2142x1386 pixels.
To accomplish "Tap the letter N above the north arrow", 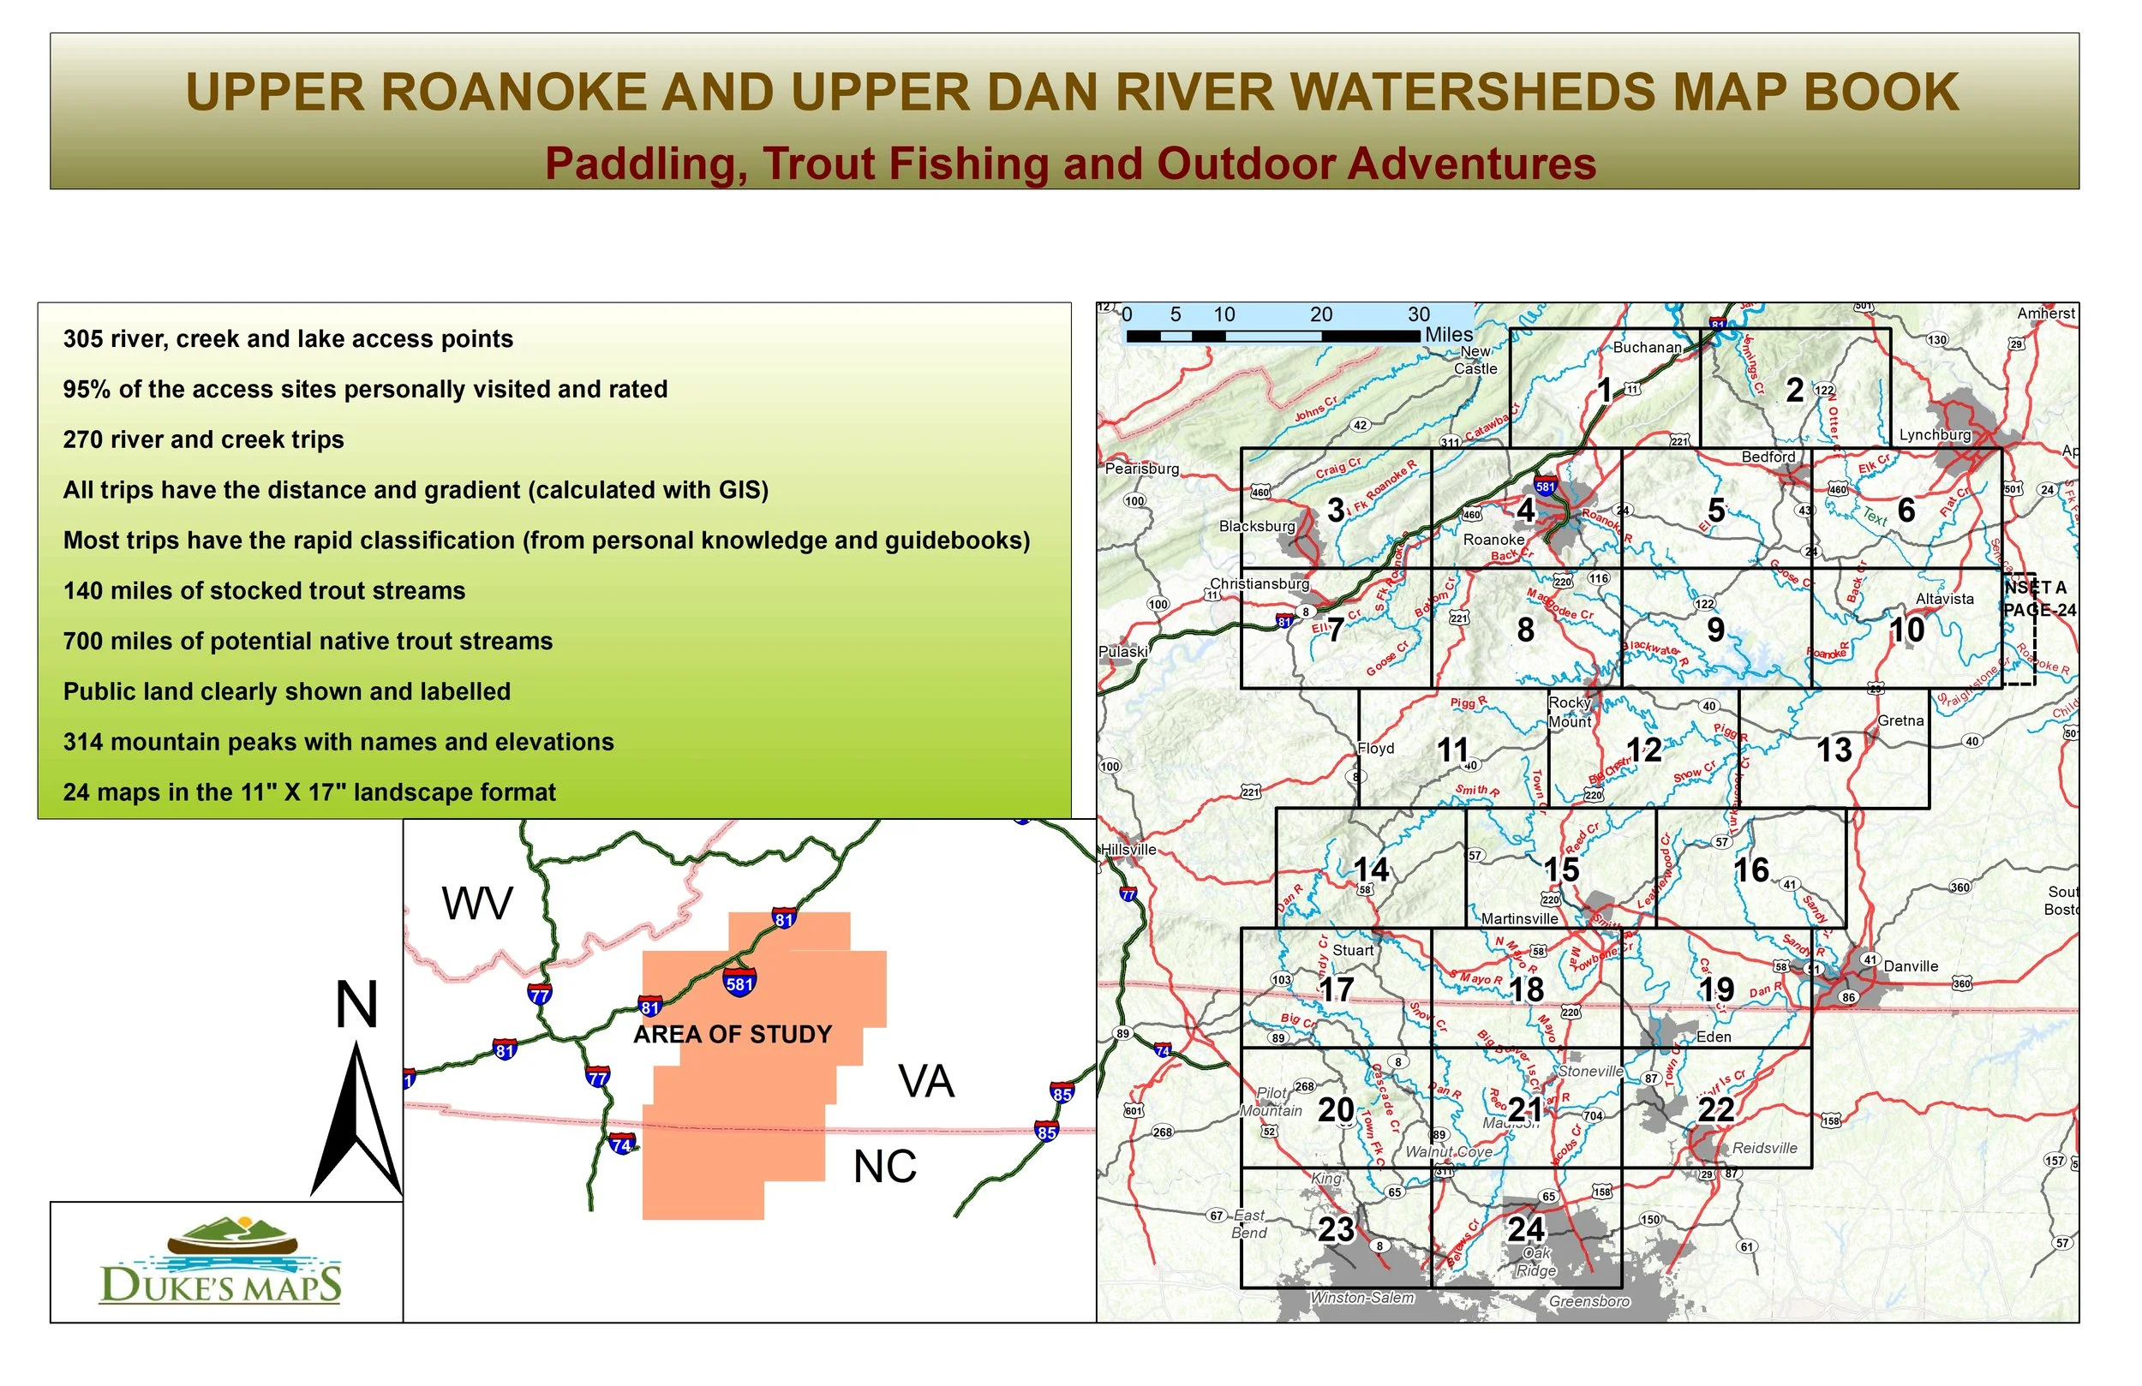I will pyautogui.click(x=356, y=1005).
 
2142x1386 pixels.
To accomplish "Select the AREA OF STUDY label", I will pyautogui.click(x=733, y=1034).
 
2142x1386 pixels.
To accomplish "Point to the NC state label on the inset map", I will pyautogui.click(x=885, y=1168).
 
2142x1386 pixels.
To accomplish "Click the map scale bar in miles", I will pyautogui.click(x=1272, y=336).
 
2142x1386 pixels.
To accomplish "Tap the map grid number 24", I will pyautogui.click(x=1527, y=1229).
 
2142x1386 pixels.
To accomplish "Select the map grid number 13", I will pyautogui.click(x=1834, y=750).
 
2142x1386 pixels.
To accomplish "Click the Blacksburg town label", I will pyautogui.click(x=1256, y=527).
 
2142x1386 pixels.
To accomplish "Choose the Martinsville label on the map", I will pyautogui.click(x=1519, y=919).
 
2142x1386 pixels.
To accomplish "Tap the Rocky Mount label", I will pyautogui.click(x=1570, y=712).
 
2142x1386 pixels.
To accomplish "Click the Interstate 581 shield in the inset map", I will pyautogui.click(x=739, y=983).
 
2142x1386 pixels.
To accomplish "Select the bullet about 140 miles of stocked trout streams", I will pyautogui.click(x=264, y=590).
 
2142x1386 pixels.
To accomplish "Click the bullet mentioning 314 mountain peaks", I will pyautogui.click(x=338, y=742).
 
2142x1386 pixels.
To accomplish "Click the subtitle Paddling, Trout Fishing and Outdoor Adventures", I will pyautogui.click(x=1070, y=164).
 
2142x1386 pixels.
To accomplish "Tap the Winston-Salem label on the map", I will pyautogui.click(x=1361, y=1298).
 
